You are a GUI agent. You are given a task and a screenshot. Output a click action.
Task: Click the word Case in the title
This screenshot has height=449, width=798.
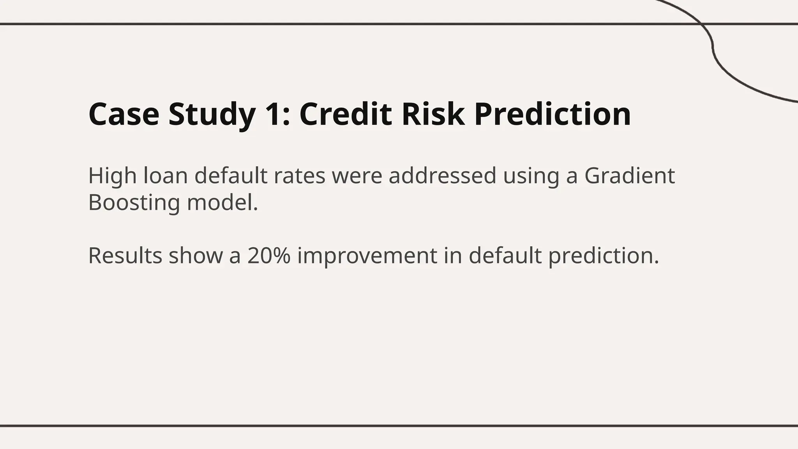point(124,114)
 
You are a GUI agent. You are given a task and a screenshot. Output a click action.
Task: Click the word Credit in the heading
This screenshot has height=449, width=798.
point(345,114)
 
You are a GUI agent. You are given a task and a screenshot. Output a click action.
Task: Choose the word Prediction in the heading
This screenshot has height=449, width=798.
point(553,114)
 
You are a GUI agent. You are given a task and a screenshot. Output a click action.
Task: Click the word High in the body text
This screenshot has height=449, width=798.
point(112,176)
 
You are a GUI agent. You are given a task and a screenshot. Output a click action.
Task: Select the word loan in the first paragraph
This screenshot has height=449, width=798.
point(166,176)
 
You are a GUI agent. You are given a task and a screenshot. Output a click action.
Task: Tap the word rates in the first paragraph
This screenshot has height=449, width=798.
point(299,176)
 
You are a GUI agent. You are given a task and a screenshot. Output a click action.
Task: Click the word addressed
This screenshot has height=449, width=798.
point(442,176)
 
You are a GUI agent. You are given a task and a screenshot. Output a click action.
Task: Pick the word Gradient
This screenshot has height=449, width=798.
point(629,176)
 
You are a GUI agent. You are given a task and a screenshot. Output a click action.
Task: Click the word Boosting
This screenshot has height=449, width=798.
point(134,203)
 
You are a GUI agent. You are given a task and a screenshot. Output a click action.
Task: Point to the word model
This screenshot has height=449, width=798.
point(222,203)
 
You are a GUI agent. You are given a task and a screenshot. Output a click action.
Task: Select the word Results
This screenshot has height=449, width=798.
point(125,256)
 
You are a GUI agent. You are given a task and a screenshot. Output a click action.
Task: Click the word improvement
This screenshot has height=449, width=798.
point(367,256)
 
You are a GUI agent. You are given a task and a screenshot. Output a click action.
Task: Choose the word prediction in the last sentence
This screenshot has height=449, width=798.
point(603,256)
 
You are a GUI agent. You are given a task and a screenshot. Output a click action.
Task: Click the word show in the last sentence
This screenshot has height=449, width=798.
point(195,256)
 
